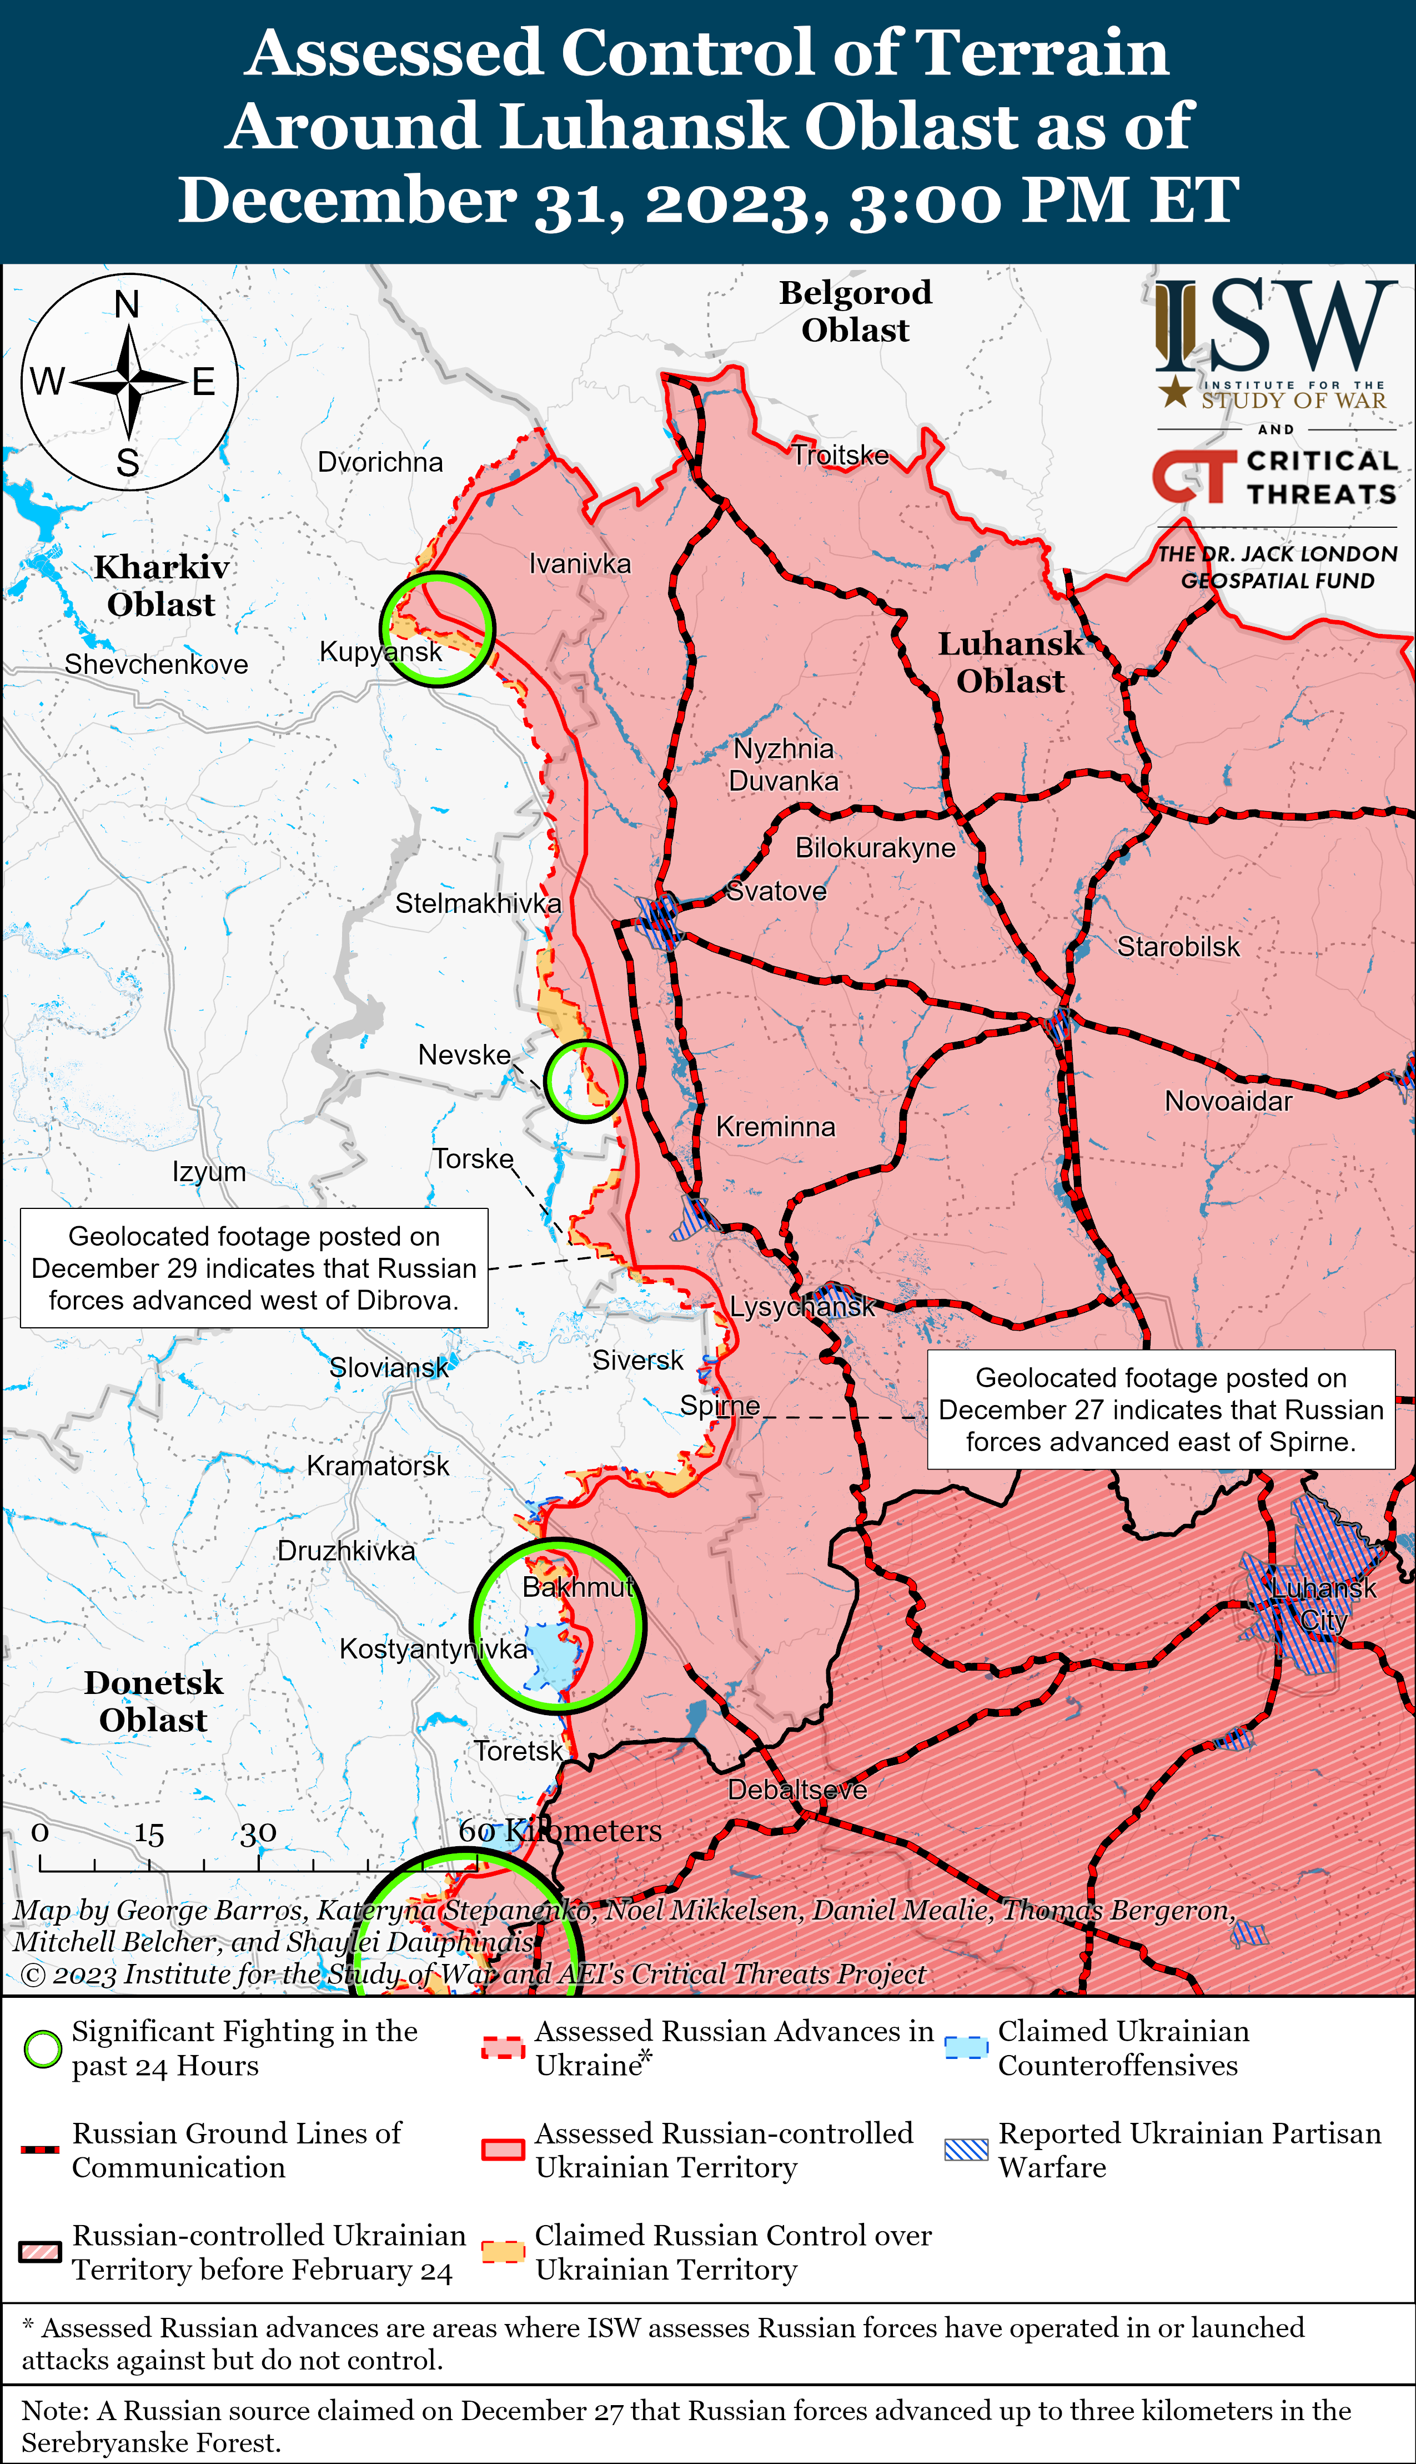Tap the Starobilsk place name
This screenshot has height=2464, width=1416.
click(1178, 947)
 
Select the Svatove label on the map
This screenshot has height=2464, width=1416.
click(776, 891)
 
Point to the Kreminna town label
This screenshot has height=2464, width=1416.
click(775, 1127)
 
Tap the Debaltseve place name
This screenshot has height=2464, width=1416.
click(796, 1790)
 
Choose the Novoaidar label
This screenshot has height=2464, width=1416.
click(1228, 1101)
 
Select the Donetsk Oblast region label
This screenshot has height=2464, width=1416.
click(154, 1701)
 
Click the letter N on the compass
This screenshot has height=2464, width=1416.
click(127, 304)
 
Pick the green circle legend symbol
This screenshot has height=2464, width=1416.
click(42, 2048)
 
